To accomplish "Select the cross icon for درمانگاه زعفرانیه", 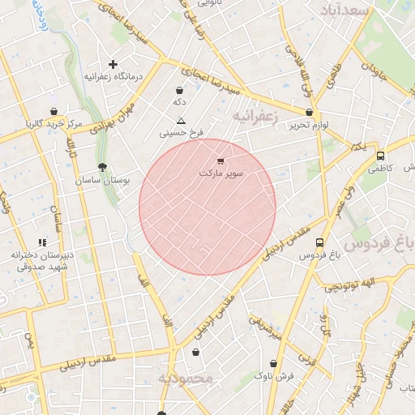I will click(113, 64).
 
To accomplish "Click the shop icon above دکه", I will click(179, 91).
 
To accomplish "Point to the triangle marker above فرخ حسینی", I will click(182, 120).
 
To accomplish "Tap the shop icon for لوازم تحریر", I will click(309, 113).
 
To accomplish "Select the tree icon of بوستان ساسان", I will click(101, 166).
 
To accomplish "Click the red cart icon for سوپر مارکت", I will click(222, 161).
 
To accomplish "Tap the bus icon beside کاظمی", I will click(381, 156).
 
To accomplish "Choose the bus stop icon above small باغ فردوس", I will click(320, 242).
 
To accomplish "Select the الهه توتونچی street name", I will click(350, 284).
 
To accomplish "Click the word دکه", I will click(179, 103).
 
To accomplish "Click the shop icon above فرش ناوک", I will click(274, 363).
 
